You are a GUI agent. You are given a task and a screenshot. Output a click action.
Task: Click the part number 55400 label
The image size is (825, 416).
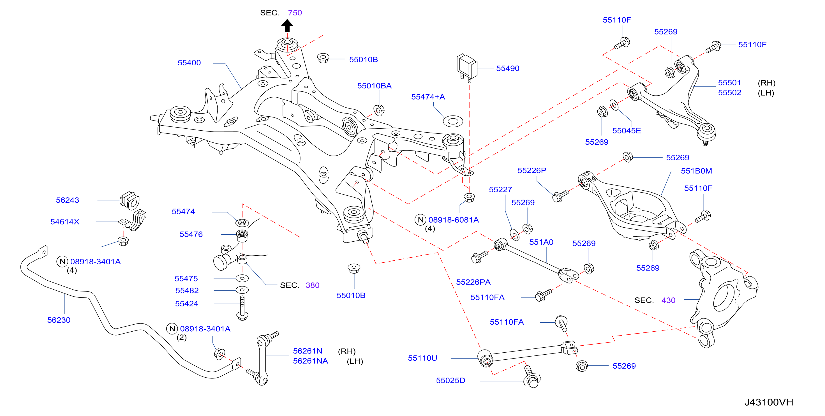pos(189,63)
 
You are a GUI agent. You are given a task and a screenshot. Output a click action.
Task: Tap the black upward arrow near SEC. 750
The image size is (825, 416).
pos(287,26)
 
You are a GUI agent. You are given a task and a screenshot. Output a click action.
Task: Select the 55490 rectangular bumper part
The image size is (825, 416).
pos(467,67)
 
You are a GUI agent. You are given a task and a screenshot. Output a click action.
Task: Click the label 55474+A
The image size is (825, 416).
pos(428,97)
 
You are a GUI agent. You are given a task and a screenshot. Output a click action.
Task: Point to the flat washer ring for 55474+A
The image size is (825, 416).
pos(453,121)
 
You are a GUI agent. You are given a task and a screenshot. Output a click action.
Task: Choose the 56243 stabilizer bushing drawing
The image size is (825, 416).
pos(130,200)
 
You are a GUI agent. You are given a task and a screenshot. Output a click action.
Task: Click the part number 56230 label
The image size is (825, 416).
pos(59,320)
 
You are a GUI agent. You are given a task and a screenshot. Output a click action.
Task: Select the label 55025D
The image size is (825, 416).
pos(450,380)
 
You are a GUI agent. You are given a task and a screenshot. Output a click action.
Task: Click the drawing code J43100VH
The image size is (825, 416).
pos(768,402)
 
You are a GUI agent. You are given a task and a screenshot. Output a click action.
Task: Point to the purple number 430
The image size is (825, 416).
pos(668,300)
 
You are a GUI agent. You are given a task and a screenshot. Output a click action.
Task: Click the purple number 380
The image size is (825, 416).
pos(312,285)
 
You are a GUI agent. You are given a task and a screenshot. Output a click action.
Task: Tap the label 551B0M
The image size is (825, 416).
pos(696,171)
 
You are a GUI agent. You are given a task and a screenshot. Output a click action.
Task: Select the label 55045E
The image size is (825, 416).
pos(627,131)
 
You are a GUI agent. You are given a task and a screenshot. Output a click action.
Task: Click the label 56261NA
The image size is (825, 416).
pos(310,361)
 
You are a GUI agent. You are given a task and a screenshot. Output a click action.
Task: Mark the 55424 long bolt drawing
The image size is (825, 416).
pos(242,308)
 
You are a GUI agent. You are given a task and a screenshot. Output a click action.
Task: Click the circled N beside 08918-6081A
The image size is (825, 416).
pos(420,220)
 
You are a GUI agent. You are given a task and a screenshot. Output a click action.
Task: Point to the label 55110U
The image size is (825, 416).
pos(422,358)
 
